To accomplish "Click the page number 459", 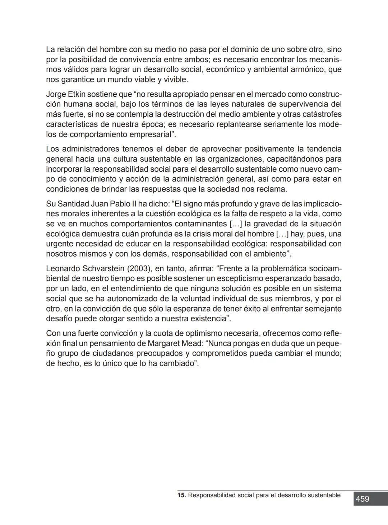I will click(362, 499).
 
